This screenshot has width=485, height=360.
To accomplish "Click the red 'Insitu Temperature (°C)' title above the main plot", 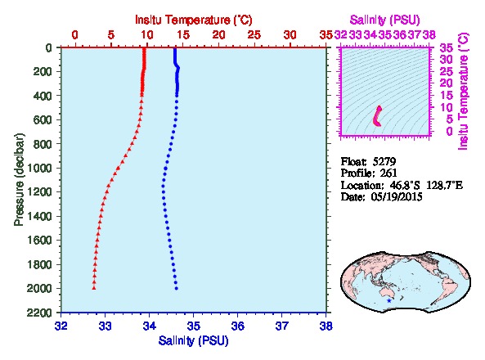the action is (194, 20).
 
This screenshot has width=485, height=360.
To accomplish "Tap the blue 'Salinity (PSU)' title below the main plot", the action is (193, 341).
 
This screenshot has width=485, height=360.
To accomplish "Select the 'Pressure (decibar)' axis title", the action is (19, 179).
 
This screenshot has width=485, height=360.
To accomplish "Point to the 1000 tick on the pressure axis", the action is (40, 168).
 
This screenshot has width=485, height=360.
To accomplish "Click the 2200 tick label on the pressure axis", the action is (40, 313).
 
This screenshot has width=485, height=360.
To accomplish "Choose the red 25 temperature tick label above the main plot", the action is (254, 35).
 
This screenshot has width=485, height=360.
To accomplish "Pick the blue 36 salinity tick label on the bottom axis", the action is (237, 326).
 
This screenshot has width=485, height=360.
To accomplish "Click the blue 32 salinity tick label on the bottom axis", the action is (61, 326).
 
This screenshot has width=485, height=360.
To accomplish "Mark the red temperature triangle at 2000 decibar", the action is (94, 288).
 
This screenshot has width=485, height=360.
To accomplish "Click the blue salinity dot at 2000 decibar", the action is (177, 289).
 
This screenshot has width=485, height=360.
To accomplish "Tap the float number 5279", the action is (384, 161).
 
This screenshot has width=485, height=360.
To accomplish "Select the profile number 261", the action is (388, 173).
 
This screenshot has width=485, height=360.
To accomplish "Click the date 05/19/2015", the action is (397, 197).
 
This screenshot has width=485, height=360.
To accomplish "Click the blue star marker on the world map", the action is (389, 300).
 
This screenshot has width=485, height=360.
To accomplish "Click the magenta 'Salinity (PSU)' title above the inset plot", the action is (384, 20).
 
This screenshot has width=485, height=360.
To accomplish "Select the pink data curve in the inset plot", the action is (377, 116).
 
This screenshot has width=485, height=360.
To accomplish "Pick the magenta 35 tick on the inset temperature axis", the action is (447, 48).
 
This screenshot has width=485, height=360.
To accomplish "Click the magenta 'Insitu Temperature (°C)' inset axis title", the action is (463, 92).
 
